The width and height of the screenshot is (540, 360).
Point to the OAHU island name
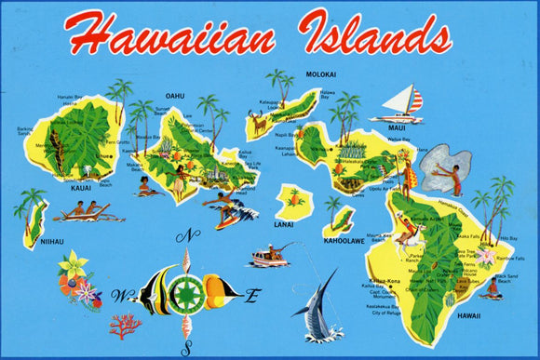tap(176, 95)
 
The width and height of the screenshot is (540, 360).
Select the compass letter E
tap(250, 297)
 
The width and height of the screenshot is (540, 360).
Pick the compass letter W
tap(117, 297)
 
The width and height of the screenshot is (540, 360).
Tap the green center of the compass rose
tap(187, 294)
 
